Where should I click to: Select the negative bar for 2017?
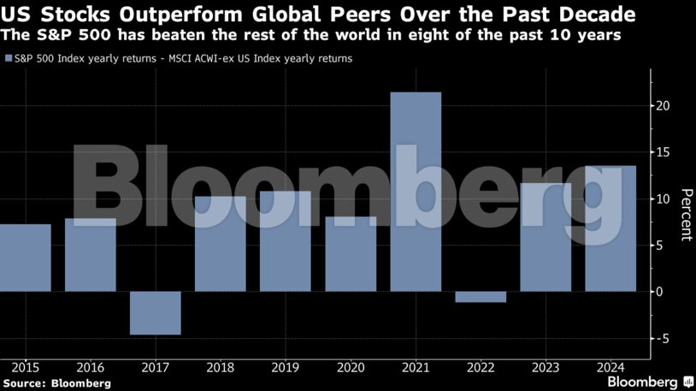156,312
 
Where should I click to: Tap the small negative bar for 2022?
481,297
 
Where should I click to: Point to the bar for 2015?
24,258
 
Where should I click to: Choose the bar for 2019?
286,241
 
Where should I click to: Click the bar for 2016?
91,255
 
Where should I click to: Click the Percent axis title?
685,214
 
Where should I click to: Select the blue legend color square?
8,59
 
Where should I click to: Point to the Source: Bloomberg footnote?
56,383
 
